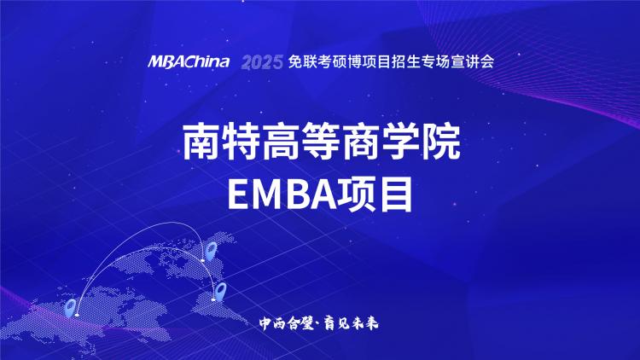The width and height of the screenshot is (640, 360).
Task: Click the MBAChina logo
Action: coord(189,62)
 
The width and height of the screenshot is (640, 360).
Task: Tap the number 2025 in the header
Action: coord(262,62)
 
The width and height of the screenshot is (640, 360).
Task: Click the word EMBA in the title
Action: coord(282,195)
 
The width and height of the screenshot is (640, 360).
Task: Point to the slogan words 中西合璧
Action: coord(287,323)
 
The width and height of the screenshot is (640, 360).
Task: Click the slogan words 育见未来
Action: coord(351,323)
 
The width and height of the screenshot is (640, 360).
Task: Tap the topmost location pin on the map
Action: coord(211,250)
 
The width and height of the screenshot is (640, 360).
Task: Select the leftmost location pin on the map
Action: coord(71,307)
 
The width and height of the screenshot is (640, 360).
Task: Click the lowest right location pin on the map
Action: coord(220,291)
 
